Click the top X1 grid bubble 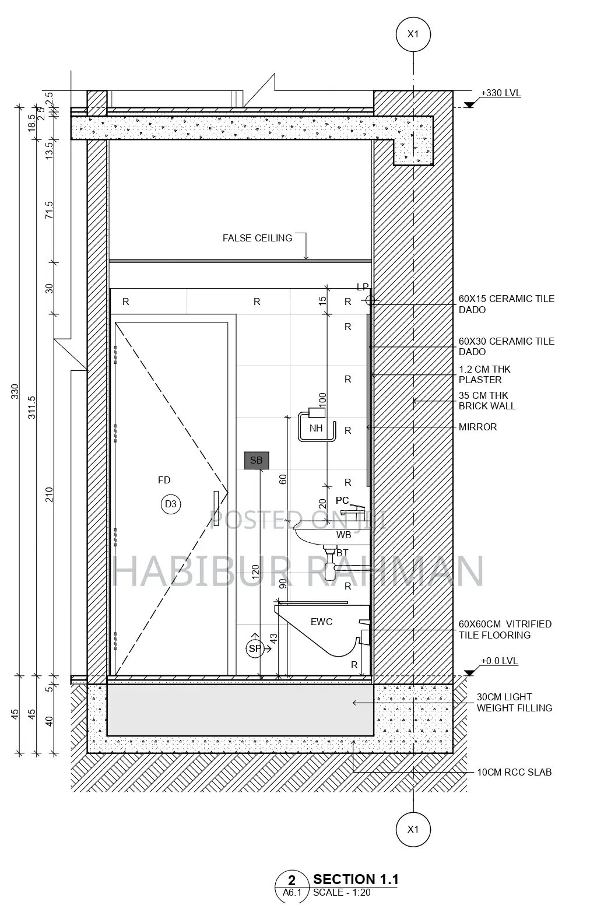coord(413,34)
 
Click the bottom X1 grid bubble coord(413,829)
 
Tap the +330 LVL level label coord(500,93)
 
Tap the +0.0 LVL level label coord(499,661)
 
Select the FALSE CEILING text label coord(257,238)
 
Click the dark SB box coord(257,460)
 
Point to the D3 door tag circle coord(170,504)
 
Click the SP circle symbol coord(255,648)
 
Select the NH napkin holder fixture coord(317,426)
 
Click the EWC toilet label coord(321,622)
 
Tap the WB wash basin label coord(343,535)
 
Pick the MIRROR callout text coord(477,427)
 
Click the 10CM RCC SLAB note coord(514,772)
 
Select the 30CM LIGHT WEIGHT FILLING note coord(514,703)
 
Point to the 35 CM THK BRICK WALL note coord(487,401)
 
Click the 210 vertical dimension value coord(50,494)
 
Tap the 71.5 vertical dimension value coord(50,210)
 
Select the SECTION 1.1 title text coord(356,879)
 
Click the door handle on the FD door coord(216,508)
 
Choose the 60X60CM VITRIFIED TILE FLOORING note coord(504,630)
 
